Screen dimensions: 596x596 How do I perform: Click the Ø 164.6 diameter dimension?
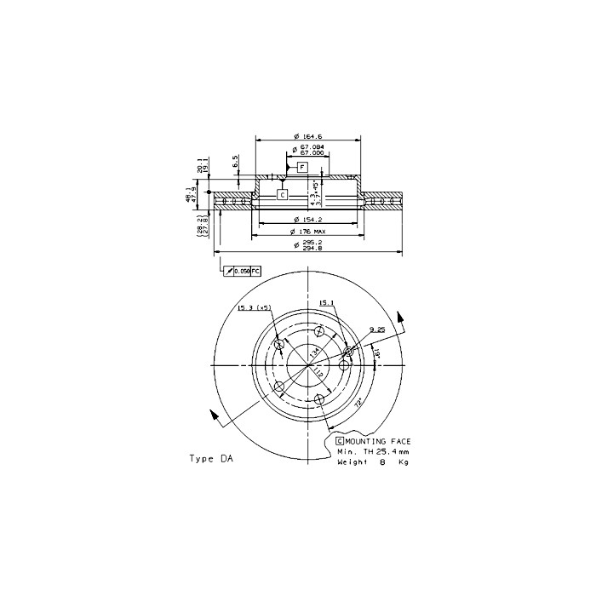click(x=307, y=136)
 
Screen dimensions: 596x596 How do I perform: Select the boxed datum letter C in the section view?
click(x=282, y=195)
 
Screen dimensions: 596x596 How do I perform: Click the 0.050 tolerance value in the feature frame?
click(x=242, y=270)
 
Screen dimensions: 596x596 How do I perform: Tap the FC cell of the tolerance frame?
click(x=255, y=270)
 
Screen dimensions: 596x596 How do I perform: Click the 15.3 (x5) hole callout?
click(x=254, y=307)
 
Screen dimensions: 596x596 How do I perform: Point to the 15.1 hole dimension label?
click(x=326, y=302)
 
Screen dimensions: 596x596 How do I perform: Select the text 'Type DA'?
click(x=210, y=458)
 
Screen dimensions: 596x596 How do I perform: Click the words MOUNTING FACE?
click(x=379, y=440)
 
